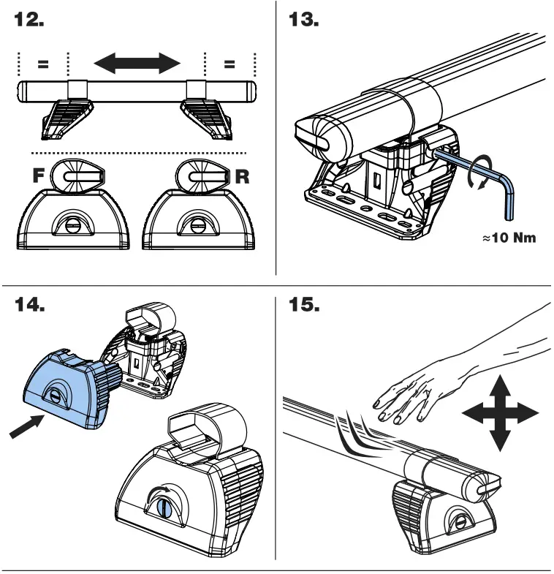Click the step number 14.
pos(30,305)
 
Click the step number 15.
pos(304,305)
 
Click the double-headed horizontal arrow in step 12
pos(137,63)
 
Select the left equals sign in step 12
pos(43,64)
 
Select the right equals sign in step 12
pos(229,64)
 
